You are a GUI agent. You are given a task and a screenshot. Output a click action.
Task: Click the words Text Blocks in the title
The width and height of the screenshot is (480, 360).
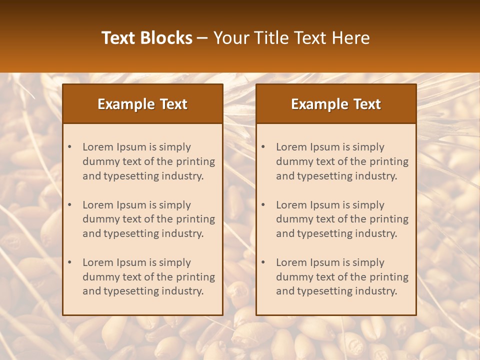(147, 38)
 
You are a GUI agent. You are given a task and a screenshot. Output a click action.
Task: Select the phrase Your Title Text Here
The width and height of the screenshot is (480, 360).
(291, 38)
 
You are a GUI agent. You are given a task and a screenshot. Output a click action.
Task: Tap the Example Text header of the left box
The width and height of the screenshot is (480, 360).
(142, 104)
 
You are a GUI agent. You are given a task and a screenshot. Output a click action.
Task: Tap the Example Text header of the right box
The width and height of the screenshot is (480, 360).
(336, 104)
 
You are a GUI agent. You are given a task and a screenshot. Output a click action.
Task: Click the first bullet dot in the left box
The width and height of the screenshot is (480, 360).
(70, 147)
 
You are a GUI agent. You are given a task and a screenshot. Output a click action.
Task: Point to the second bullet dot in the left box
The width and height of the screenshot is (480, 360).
(70, 205)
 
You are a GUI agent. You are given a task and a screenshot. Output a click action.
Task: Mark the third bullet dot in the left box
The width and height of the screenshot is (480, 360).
(70, 262)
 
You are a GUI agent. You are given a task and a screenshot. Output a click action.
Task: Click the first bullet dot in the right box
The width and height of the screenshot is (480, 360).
(263, 147)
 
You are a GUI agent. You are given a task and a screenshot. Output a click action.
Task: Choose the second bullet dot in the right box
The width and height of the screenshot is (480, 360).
(263, 205)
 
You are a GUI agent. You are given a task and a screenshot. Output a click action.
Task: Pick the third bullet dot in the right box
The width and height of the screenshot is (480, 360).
(263, 262)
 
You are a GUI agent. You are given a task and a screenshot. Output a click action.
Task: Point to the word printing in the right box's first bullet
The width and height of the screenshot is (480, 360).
(389, 161)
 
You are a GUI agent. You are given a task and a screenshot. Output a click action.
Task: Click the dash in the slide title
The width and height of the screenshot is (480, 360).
(202, 38)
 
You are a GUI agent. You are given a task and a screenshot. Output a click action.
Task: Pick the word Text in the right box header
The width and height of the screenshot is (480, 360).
(367, 104)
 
